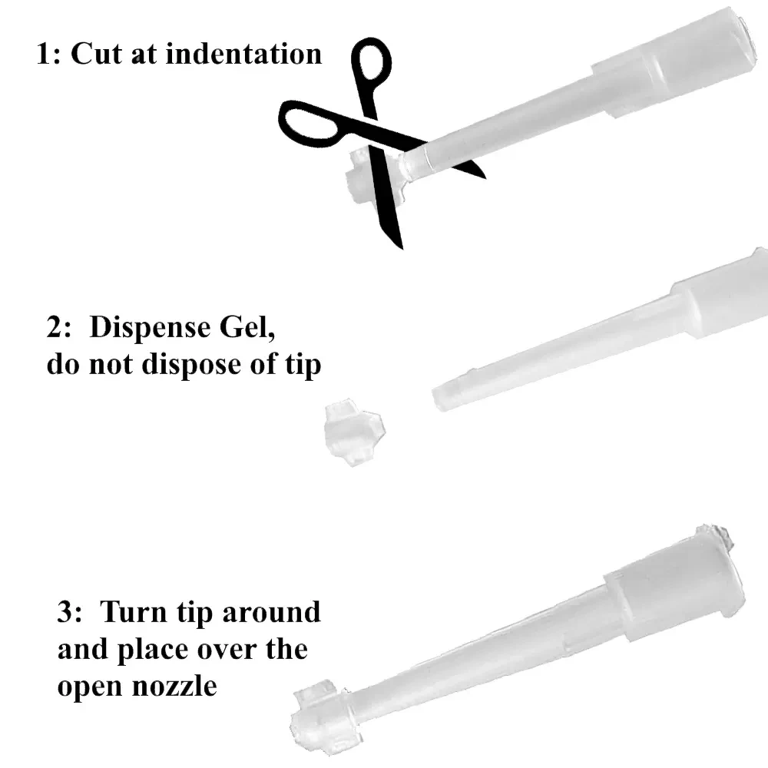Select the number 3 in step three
coord(68,613)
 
